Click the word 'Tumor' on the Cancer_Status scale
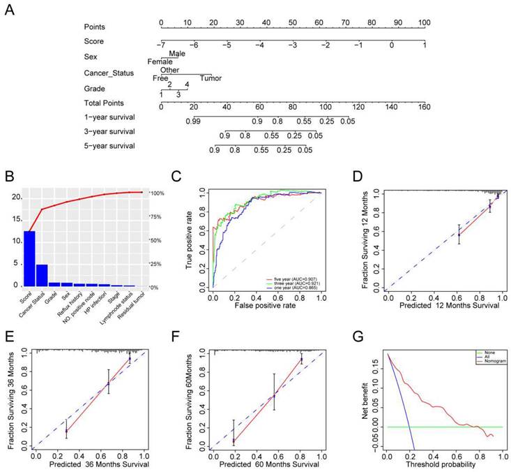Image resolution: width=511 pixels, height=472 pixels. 211,78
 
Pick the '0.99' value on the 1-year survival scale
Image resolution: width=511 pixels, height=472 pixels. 193,121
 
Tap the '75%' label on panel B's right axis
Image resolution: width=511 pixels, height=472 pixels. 157,217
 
